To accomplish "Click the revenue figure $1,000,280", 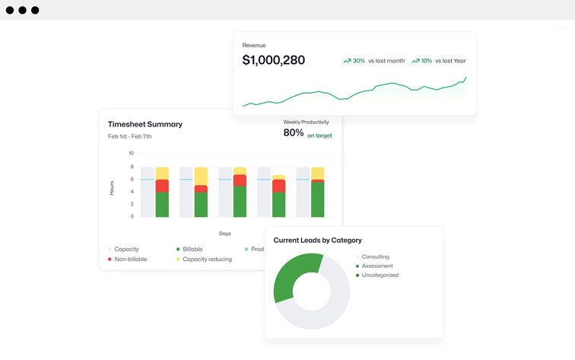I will click(273, 60).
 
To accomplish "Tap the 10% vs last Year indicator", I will click(439, 61).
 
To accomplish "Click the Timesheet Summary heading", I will click(145, 124).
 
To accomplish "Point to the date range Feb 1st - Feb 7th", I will click(129, 137).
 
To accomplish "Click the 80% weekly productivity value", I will click(294, 133).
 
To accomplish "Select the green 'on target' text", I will click(319, 135).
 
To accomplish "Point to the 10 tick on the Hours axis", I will click(131, 153).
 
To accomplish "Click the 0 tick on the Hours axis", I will click(132, 217).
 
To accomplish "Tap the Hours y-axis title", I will click(112, 187).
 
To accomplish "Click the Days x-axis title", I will click(225, 234).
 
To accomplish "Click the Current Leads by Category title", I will click(317, 241).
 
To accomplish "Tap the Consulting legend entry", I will click(375, 257).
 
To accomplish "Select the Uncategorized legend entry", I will click(380, 276).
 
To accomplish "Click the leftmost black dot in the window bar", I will click(10, 10).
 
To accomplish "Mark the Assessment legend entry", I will click(376, 266).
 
